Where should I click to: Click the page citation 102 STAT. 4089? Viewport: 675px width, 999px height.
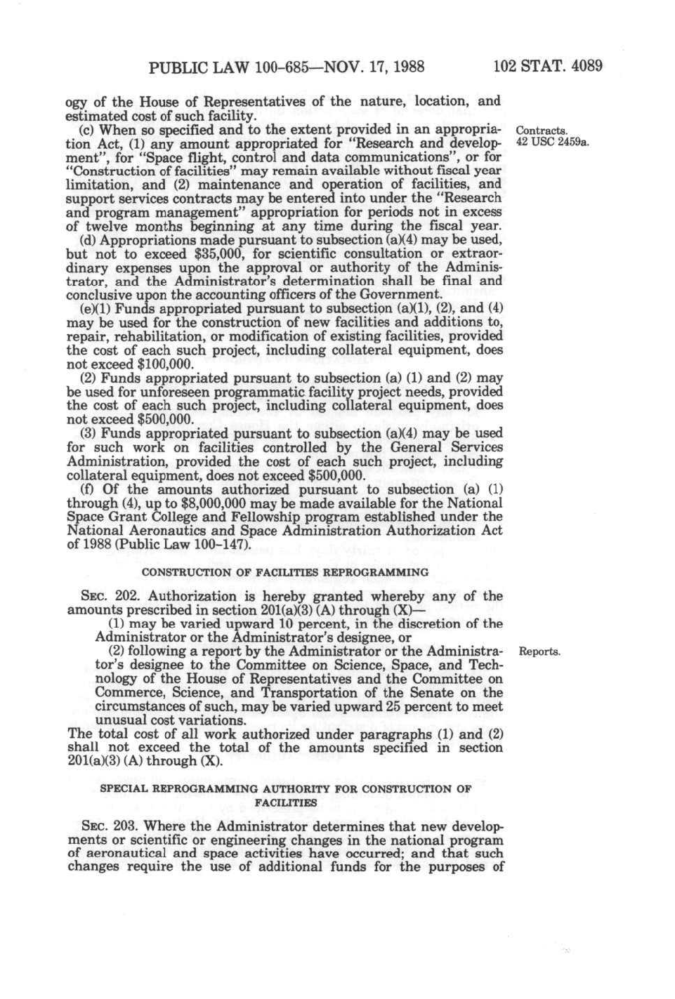coord(547,67)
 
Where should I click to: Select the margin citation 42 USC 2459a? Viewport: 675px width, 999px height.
coord(551,143)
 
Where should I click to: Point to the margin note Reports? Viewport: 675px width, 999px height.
coord(539,651)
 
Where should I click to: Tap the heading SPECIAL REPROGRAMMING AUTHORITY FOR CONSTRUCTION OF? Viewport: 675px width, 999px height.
coord(285,788)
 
